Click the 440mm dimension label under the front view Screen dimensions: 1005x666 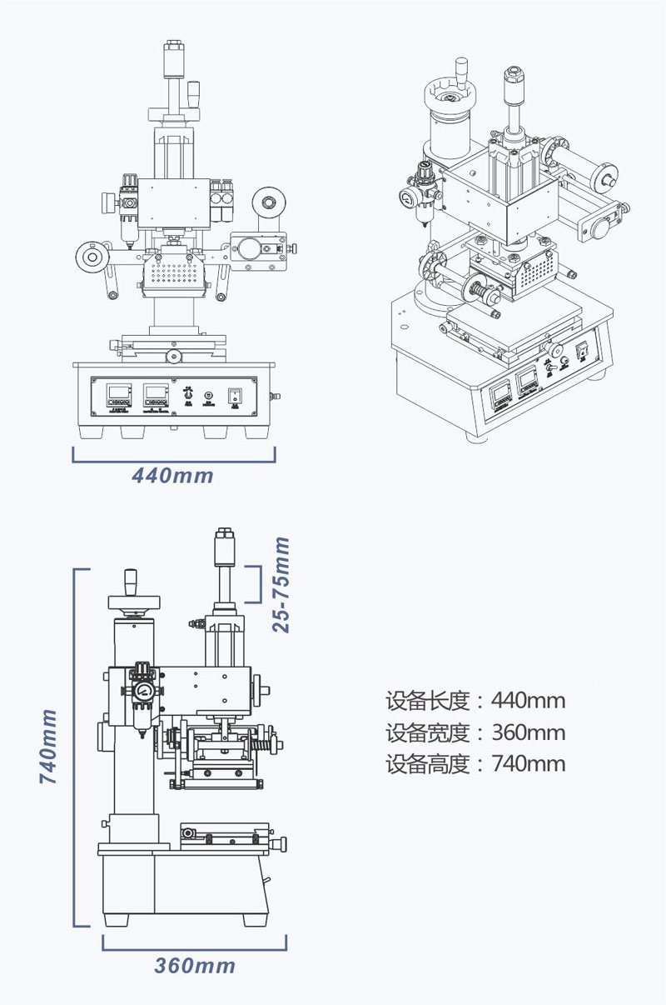(x=173, y=476)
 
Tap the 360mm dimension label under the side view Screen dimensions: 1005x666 (x=195, y=966)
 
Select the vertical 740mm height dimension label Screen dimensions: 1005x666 (x=49, y=746)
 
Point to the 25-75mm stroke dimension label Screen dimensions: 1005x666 (x=282, y=583)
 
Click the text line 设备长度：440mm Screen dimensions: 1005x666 (x=475, y=700)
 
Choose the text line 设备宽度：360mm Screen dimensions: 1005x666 (x=475, y=732)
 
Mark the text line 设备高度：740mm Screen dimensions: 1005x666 (x=475, y=763)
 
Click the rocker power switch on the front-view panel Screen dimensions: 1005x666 (x=236, y=395)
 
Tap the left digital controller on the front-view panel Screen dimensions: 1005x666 (x=119, y=394)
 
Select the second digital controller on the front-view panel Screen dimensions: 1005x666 (x=156, y=394)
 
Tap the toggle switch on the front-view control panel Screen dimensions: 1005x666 (x=189, y=393)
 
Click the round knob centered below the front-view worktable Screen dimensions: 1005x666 (x=172, y=357)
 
